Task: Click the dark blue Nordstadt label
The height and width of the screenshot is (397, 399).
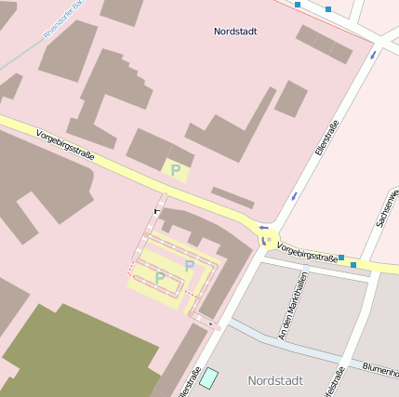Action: pos(235,32)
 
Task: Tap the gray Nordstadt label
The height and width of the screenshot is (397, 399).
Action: pos(276,380)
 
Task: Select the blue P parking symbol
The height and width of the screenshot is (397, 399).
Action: pos(190,266)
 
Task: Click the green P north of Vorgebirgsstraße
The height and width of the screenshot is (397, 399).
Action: pos(175,170)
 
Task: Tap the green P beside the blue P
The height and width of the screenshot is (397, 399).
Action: pos(160,277)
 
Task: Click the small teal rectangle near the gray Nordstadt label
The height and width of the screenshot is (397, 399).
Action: pos(209,377)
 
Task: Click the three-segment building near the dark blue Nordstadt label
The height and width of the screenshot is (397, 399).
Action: pos(325,44)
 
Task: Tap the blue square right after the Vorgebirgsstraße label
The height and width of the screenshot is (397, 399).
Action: pos(341,258)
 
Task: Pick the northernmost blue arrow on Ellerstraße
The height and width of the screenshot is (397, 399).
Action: pos(373,55)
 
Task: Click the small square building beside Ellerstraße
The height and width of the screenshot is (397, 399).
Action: pos(290,99)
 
